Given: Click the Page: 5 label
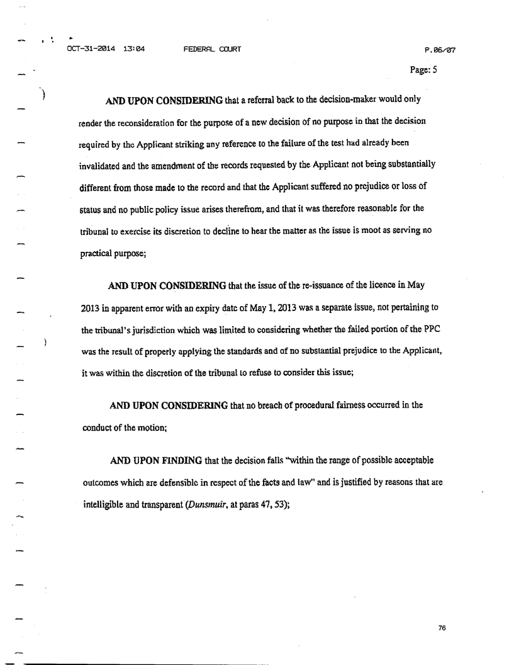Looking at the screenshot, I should [423, 70].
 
